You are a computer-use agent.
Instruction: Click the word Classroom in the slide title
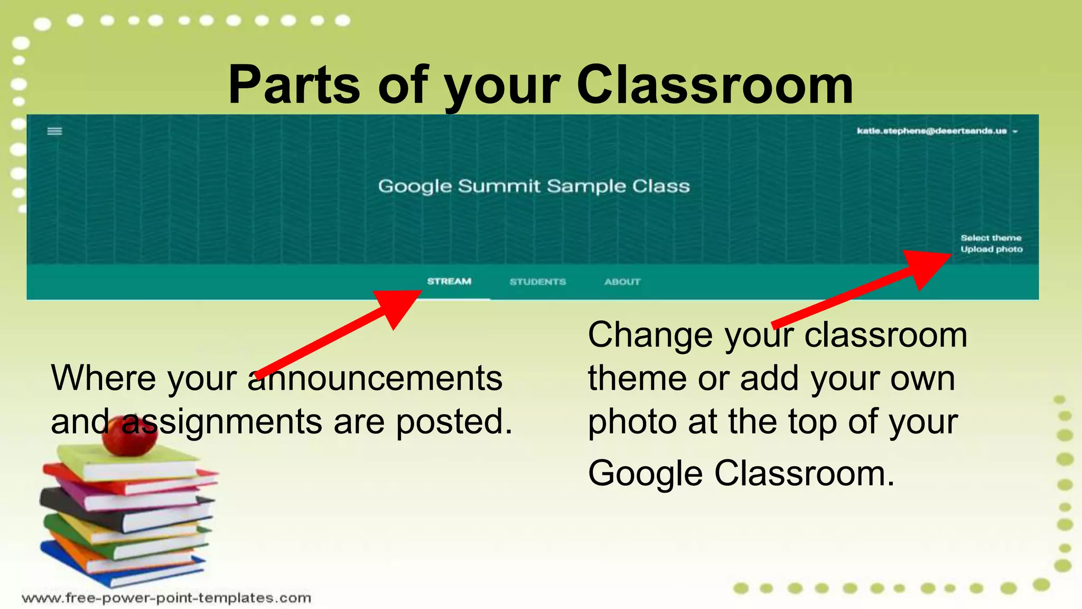click(714, 85)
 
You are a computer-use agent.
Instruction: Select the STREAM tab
click(449, 281)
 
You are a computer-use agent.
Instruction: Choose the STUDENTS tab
click(537, 282)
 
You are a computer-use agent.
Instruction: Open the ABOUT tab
click(622, 282)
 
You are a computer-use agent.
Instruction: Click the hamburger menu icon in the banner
click(55, 131)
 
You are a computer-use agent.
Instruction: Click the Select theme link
click(991, 238)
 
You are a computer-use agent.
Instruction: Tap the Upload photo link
click(991, 249)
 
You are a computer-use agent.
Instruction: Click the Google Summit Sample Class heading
click(534, 186)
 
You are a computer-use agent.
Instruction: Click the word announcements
click(375, 379)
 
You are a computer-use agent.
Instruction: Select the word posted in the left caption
click(454, 422)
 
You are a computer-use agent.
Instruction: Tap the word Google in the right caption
click(645, 473)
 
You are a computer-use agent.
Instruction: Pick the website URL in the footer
click(166, 598)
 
